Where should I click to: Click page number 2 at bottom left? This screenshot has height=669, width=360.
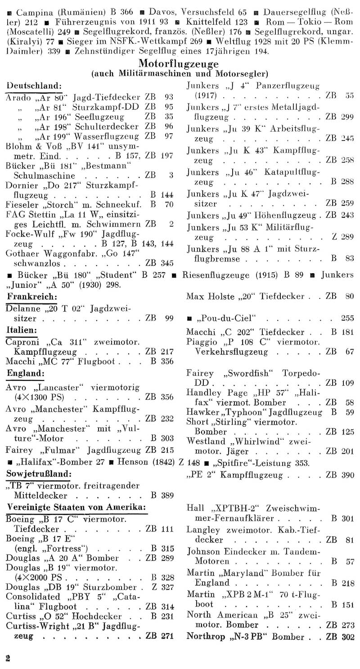click(7, 656)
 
